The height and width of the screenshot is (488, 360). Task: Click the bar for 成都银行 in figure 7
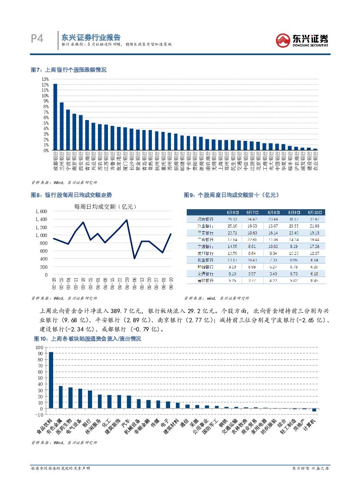click(x=55, y=117)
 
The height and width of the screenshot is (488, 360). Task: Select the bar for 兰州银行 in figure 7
click(x=61, y=126)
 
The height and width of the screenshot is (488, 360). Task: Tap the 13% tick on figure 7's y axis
click(x=45, y=79)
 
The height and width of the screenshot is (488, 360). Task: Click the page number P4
click(x=37, y=39)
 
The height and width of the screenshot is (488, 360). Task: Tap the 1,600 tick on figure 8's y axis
click(x=40, y=211)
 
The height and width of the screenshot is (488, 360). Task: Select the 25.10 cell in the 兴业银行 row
click(x=232, y=226)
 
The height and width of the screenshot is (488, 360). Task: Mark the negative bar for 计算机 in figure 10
click(x=314, y=410)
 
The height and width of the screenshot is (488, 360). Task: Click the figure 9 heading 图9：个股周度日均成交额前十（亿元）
click(x=231, y=195)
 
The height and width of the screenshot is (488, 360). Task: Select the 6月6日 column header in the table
click(x=232, y=212)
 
